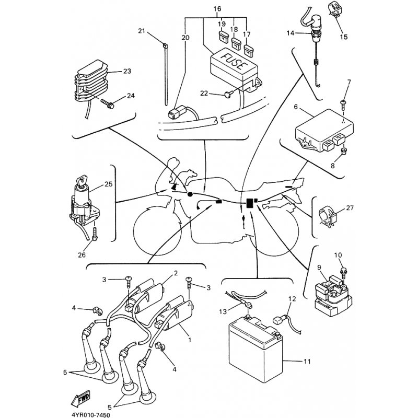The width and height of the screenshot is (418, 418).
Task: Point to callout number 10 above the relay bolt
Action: tap(338, 256)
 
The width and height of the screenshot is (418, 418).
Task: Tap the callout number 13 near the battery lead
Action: tap(223, 312)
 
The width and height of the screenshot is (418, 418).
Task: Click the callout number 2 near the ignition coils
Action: tap(176, 273)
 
